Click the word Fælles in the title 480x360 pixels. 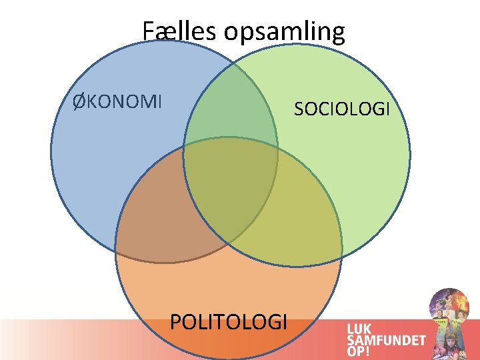[174, 31]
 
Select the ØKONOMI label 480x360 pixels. [117, 102]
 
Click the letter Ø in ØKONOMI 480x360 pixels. [79, 102]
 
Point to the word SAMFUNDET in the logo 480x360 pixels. [385, 340]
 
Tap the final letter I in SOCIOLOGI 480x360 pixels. [387, 109]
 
